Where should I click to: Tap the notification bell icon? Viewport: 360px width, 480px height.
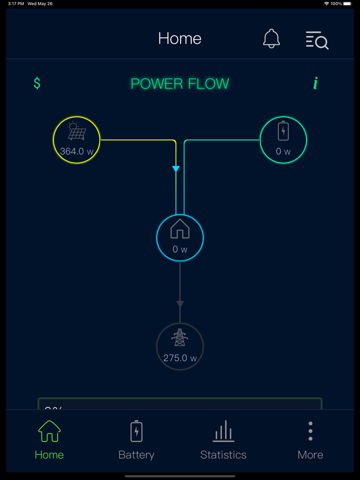[271, 39]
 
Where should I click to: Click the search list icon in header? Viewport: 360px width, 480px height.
[317, 40]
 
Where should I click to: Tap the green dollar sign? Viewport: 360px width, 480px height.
[37, 83]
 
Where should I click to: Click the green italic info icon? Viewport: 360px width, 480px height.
[315, 83]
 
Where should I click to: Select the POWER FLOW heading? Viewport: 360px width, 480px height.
[179, 84]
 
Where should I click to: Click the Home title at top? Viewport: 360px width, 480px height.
[179, 39]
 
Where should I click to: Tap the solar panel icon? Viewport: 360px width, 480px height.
[77, 132]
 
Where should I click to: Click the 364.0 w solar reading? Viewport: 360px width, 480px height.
[77, 152]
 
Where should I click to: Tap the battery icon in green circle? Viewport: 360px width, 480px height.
[283, 131]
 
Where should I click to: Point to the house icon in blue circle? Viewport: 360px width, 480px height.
[180, 229]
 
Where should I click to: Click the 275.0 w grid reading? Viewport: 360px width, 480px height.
[180, 358]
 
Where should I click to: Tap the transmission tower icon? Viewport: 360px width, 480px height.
[180, 338]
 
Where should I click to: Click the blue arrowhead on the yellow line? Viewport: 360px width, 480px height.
[176, 169]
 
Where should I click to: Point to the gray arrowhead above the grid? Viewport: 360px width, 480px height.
[180, 304]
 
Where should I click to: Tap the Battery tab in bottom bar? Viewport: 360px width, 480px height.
[136, 440]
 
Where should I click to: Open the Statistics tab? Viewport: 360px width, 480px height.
[223, 440]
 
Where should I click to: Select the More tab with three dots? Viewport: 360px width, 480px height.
[310, 440]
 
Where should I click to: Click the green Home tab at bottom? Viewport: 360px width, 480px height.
[49, 440]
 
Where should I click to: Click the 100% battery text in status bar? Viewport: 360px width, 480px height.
[336, 4]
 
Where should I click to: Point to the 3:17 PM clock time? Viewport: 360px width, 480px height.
[15, 4]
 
